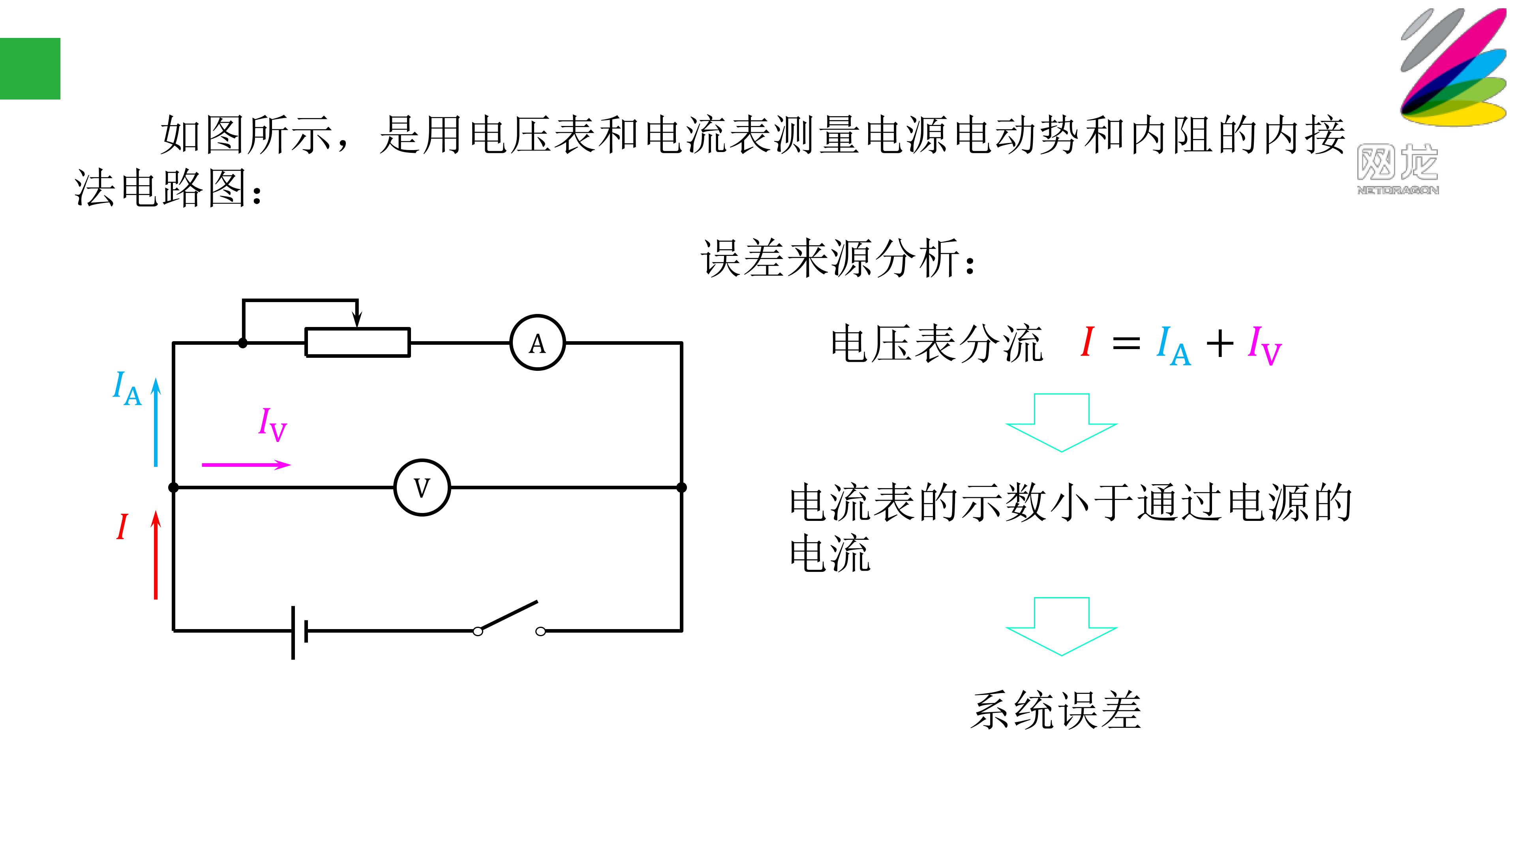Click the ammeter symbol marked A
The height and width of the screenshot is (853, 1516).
click(x=537, y=343)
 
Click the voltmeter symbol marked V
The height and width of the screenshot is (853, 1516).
click(x=422, y=487)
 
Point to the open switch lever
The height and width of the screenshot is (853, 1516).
click(x=507, y=616)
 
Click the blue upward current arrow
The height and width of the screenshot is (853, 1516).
click(x=156, y=422)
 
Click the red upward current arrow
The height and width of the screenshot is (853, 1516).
click(x=156, y=554)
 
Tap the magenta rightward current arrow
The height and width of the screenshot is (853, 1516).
click(x=246, y=465)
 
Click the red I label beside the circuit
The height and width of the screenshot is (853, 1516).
click(x=122, y=526)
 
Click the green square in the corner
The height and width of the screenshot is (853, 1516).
click(x=30, y=69)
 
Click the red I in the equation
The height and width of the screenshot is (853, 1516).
click(x=1088, y=342)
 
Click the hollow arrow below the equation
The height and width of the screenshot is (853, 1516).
click(x=1062, y=423)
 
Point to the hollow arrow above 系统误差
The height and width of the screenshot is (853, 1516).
click(x=1062, y=626)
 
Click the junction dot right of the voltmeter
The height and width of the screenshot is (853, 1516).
click(x=681, y=487)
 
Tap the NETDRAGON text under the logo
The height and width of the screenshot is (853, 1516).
click(x=1398, y=190)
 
